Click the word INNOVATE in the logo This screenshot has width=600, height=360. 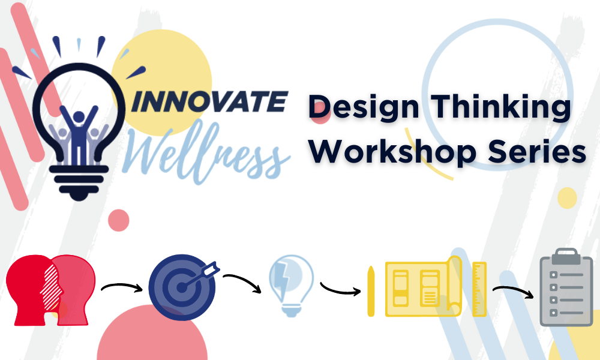pyautogui.click(x=209, y=101)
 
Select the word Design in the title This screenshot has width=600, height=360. pyautogui.click(x=364, y=107)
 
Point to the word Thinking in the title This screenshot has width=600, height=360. pyautogui.click(x=501, y=107)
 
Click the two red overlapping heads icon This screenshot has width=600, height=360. pyautogui.click(x=50, y=290)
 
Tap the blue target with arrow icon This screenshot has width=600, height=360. pyautogui.click(x=184, y=287)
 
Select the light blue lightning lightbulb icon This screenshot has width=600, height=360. pyautogui.click(x=291, y=286)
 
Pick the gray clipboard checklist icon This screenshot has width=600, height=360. pyautogui.click(x=566, y=287)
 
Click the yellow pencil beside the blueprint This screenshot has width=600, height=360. pyautogui.click(x=371, y=291)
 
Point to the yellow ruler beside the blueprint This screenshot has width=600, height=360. pyautogui.click(x=479, y=289)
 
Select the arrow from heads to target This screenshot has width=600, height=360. pyautogui.click(x=122, y=286)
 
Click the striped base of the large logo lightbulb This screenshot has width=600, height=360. pyautogui.click(x=79, y=183)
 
